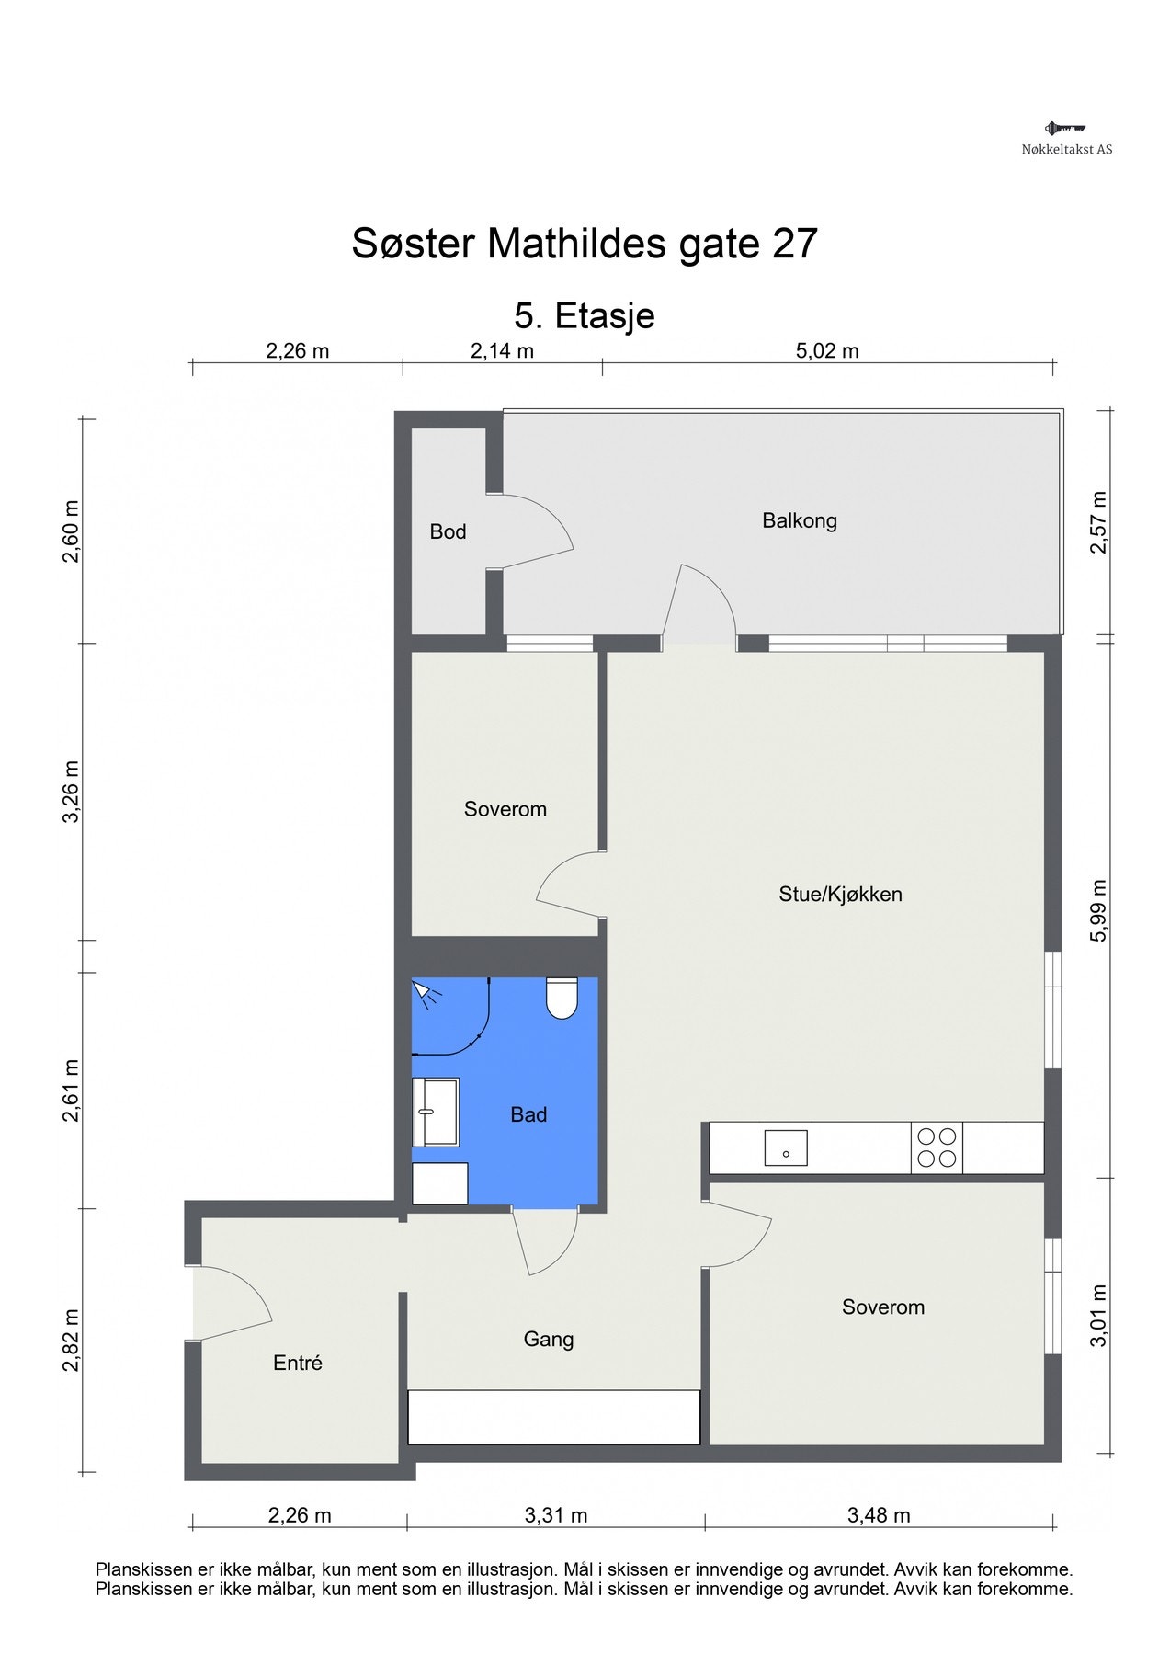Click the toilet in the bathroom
[x=562, y=999]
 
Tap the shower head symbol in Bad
[x=424, y=991]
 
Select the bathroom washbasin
[x=435, y=1112]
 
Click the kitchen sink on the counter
[x=785, y=1147]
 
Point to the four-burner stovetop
[x=937, y=1147]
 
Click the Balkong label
[x=799, y=520]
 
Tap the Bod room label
[x=448, y=531]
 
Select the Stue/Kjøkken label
[x=840, y=894]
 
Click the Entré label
[x=298, y=1363]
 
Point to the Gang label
[x=549, y=1339]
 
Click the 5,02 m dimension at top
[x=826, y=350]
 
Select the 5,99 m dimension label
[x=1099, y=911]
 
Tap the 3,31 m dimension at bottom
[x=555, y=1515]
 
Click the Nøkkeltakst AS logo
[x=1066, y=138]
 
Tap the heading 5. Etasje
[x=585, y=315]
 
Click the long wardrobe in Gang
[x=553, y=1417]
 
